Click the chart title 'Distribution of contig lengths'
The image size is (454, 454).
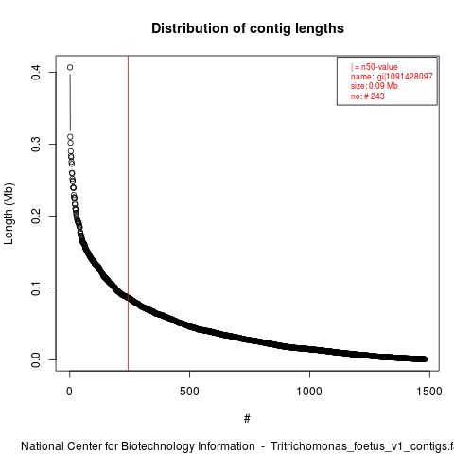(x=248, y=28)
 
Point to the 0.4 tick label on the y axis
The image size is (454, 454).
(x=36, y=72)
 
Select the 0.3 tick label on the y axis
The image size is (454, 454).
(x=36, y=144)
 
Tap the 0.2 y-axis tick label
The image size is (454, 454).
(x=36, y=216)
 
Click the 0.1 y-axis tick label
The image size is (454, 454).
(x=36, y=288)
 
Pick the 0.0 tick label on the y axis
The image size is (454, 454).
(x=36, y=359)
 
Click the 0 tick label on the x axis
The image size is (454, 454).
(x=69, y=392)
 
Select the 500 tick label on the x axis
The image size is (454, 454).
(x=189, y=392)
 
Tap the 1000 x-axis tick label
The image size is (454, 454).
(x=309, y=392)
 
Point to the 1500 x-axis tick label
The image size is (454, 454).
(x=429, y=392)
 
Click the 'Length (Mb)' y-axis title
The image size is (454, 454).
(x=9, y=214)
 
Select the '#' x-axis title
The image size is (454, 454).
(x=247, y=419)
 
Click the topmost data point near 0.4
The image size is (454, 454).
(x=70, y=67)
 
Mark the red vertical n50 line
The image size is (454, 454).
(x=128, y=214)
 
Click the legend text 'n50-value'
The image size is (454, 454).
(x=379, y=67)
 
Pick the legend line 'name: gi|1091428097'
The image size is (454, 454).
(x=392, y=77)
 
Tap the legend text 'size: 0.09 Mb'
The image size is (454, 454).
(x=375, y=86)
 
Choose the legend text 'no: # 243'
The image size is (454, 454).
(x=368, y=96)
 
